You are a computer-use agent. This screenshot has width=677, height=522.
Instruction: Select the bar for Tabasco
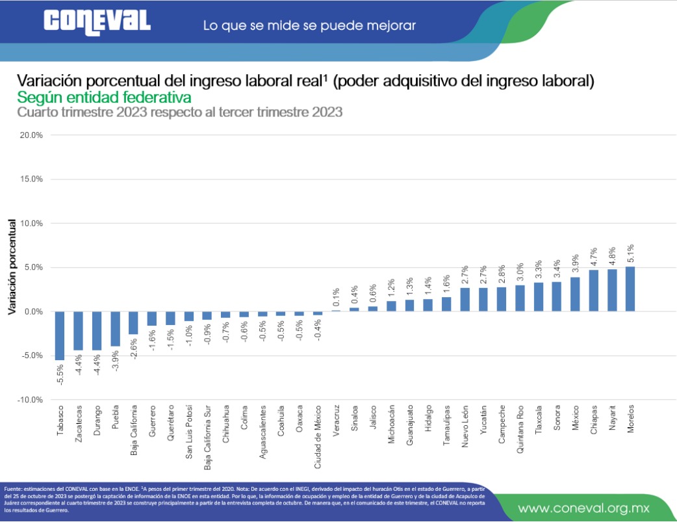pyautogui.click(x=60, y=335)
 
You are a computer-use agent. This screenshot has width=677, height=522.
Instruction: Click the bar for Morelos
pyautogui.click(x=630, y=289)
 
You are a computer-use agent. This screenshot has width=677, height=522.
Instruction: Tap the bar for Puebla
pyautogui.click(x=115, y=328)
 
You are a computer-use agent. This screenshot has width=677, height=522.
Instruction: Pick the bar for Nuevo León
pyautogui.click(x=465, y=300)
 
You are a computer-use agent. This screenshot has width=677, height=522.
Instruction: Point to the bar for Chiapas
pyautogui.click(x=593, y=291)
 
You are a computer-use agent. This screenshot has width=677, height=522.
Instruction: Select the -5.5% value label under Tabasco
pyautogui.click(x=60, y=373)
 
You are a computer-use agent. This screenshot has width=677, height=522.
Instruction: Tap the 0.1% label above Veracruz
pyautogui.click(x=336, y=296)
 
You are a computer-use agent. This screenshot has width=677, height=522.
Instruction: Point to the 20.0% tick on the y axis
pyautogui.click(x=31, y=135)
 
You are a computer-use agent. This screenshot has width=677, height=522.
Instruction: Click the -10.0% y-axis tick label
pyautogui.click(x=29, y=400)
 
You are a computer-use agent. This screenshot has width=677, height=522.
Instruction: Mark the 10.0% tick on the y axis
pyautogui.click(x=31, y=223)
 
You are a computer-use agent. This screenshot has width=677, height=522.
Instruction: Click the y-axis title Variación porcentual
pyautogui.click(x=12, y=267)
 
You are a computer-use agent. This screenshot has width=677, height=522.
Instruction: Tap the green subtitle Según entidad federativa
pyautogui.click(x=104, y=98)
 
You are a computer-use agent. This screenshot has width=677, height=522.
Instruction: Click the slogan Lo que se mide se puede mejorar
pyautogui.click(x=309, y=26)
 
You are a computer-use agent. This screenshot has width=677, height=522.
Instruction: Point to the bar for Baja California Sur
pyautogui.click(x=207, y=316)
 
